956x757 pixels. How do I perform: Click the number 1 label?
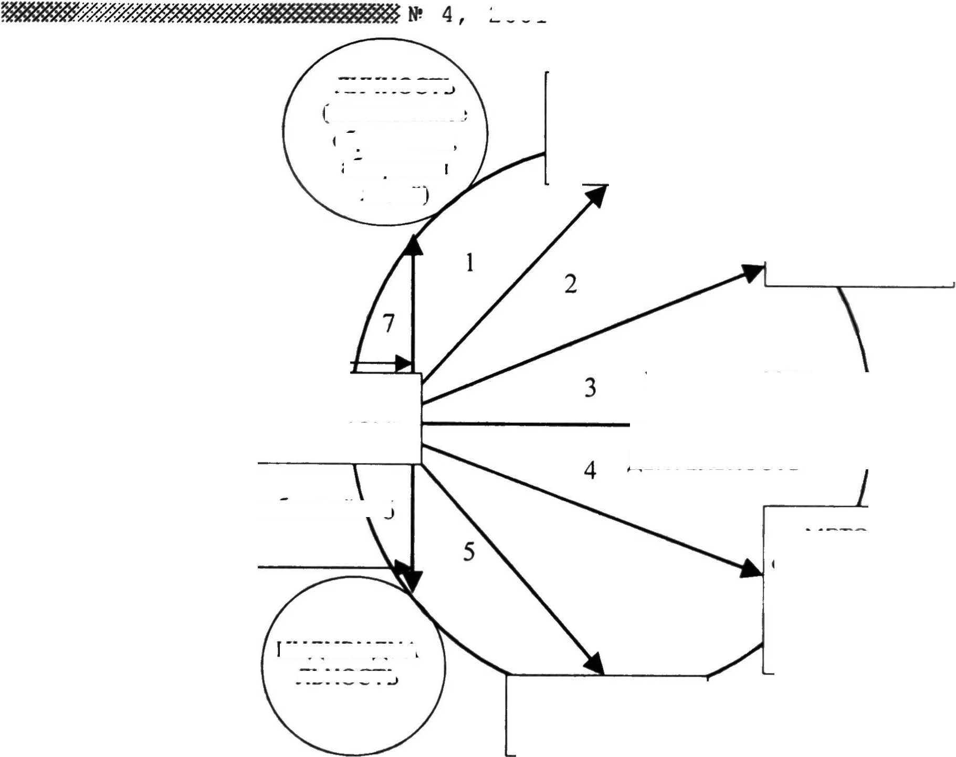(470, 262)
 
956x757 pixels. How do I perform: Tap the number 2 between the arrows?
(571, 284)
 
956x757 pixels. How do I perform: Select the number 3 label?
(590, 388)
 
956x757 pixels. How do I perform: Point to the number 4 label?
(590, 470)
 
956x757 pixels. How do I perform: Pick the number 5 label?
(469, 552)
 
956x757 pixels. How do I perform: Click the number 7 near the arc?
(388, 323)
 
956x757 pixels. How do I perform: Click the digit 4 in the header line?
(447, 15)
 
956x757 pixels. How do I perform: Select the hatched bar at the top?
(199, 13)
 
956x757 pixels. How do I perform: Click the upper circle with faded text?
(385, 132)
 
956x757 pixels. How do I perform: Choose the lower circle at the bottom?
(353, 666)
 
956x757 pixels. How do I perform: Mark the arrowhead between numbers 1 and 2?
(597, 195)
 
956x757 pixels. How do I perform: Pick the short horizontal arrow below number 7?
(382, 363)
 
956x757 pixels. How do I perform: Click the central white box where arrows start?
(386, 418)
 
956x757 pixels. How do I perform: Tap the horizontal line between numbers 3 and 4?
(525, 424)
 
